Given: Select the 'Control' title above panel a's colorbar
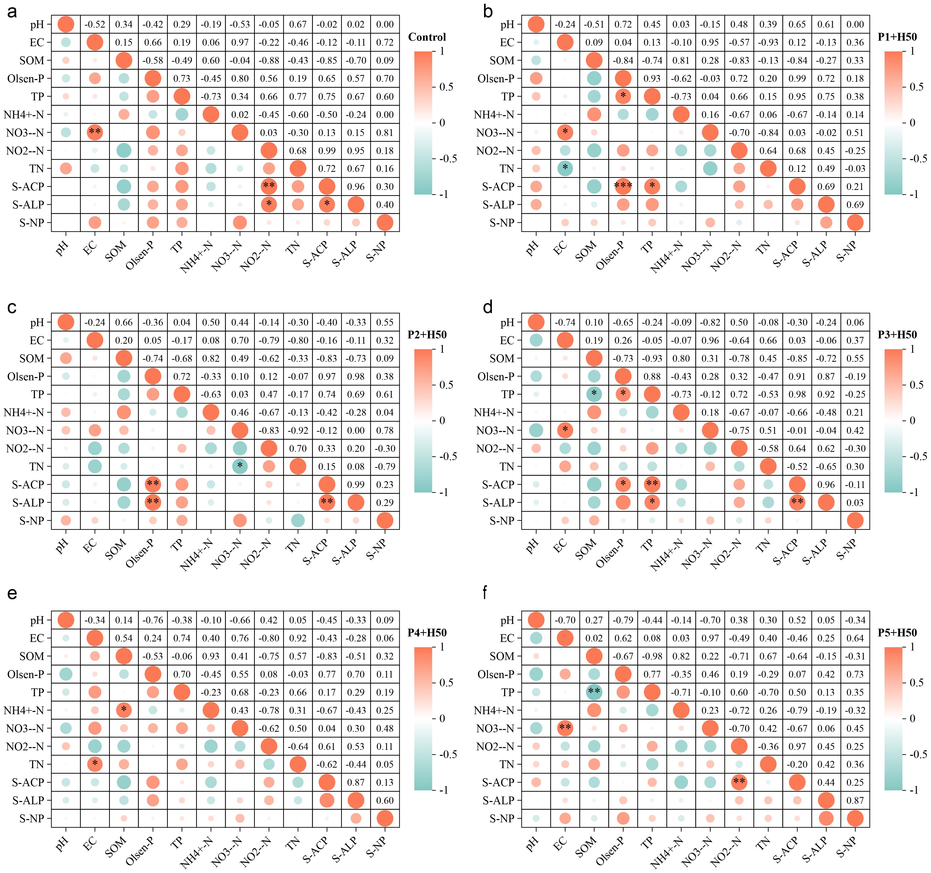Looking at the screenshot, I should click(x=427, y=37).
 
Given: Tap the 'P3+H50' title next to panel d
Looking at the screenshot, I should click(x=897, y=335).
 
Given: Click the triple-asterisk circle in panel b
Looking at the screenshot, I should click(x=623, y=186).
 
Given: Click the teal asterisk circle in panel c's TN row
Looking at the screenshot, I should click(x=240, y=466).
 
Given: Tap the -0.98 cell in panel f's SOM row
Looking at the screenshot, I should click(x=652, y=657).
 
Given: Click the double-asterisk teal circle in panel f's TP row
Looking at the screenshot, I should click(x=594, y=692).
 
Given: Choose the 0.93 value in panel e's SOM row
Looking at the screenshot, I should click(x=211, y=657).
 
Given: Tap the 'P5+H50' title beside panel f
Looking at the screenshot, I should click(x=897, y=633).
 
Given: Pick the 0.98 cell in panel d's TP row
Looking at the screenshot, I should click(x=797, y=394).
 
